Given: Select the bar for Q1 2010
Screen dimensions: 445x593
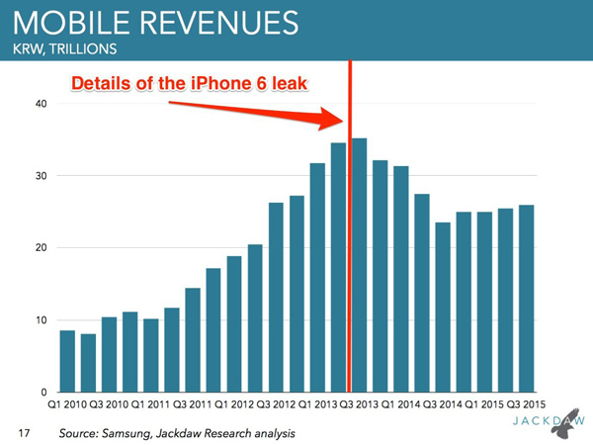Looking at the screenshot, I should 67,361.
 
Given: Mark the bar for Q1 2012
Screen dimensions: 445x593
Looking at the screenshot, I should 234,324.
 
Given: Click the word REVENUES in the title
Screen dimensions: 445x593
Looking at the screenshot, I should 222,22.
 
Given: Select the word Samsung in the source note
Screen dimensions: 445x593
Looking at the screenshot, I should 133,433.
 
